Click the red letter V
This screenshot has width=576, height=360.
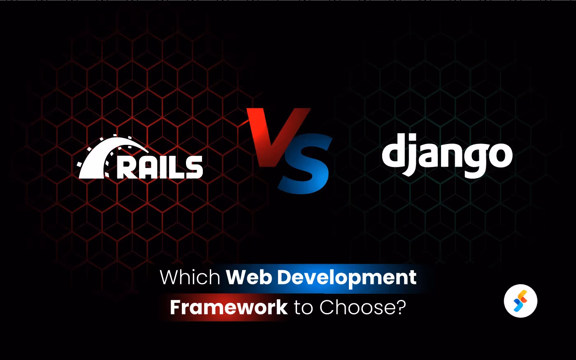[x=275, y=132]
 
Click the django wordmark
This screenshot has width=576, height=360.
[x=447, y=155]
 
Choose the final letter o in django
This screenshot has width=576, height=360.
[x=500, y=156]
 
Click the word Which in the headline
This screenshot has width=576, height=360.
[x=190, y=277]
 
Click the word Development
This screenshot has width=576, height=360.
[x=347, y=278]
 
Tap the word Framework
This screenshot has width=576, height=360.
[x=229, y=307]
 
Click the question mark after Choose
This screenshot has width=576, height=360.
[x=400, y=307]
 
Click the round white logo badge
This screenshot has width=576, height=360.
[x=520, y=301]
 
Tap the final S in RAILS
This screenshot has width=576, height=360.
[x=193, y=167]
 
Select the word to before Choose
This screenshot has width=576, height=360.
[x=304, y=308]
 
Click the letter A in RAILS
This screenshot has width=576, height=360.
[x=147, y=168]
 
